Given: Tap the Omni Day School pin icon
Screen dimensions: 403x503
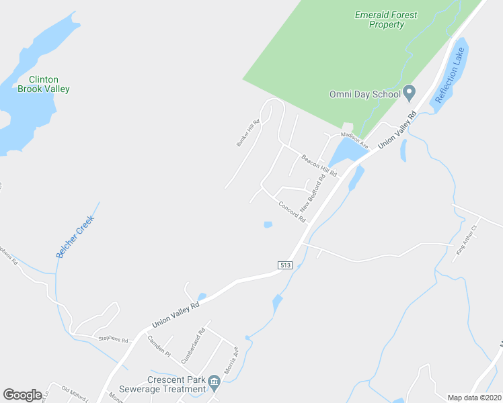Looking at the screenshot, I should pos(409,93).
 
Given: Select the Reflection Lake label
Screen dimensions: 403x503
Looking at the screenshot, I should pos(451,75).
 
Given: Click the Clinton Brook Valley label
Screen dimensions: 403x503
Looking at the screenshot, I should pos(44,84).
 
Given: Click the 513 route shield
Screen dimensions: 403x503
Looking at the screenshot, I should pos(285,266).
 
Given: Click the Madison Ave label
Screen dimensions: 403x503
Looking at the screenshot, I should pos(354,140).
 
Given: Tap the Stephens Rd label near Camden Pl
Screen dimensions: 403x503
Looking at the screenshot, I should pos(113,339).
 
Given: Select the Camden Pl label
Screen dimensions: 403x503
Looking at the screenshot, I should pos(159,345).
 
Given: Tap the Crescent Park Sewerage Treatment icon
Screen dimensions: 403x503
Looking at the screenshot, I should pos(214,382).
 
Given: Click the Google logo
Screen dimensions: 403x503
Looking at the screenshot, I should pos(22,395).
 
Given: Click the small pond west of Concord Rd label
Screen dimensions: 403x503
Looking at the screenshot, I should pos(268,224).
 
